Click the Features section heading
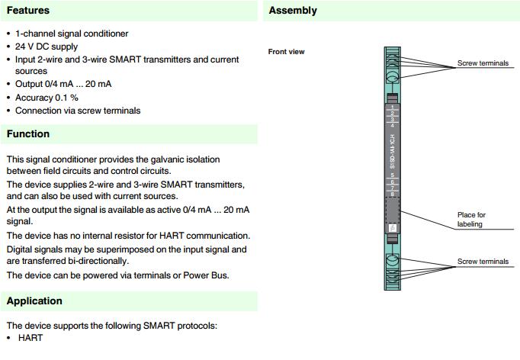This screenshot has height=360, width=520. pos(28,11)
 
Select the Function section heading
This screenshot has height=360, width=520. pos(28,134)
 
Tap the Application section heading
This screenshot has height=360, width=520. pos(34,301)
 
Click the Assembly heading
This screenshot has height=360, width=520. pos(293,11)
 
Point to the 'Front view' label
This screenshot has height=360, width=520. pos(287,52)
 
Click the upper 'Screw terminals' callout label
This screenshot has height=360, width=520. pos(483,63)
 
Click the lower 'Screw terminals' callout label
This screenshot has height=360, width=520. pos(483,262)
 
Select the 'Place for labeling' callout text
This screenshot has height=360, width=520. pos(470,220)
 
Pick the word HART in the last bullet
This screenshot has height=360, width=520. pos(29,337)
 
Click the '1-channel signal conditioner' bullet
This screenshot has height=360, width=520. pos(72,34)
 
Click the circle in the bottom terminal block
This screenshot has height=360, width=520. pos(393,262)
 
